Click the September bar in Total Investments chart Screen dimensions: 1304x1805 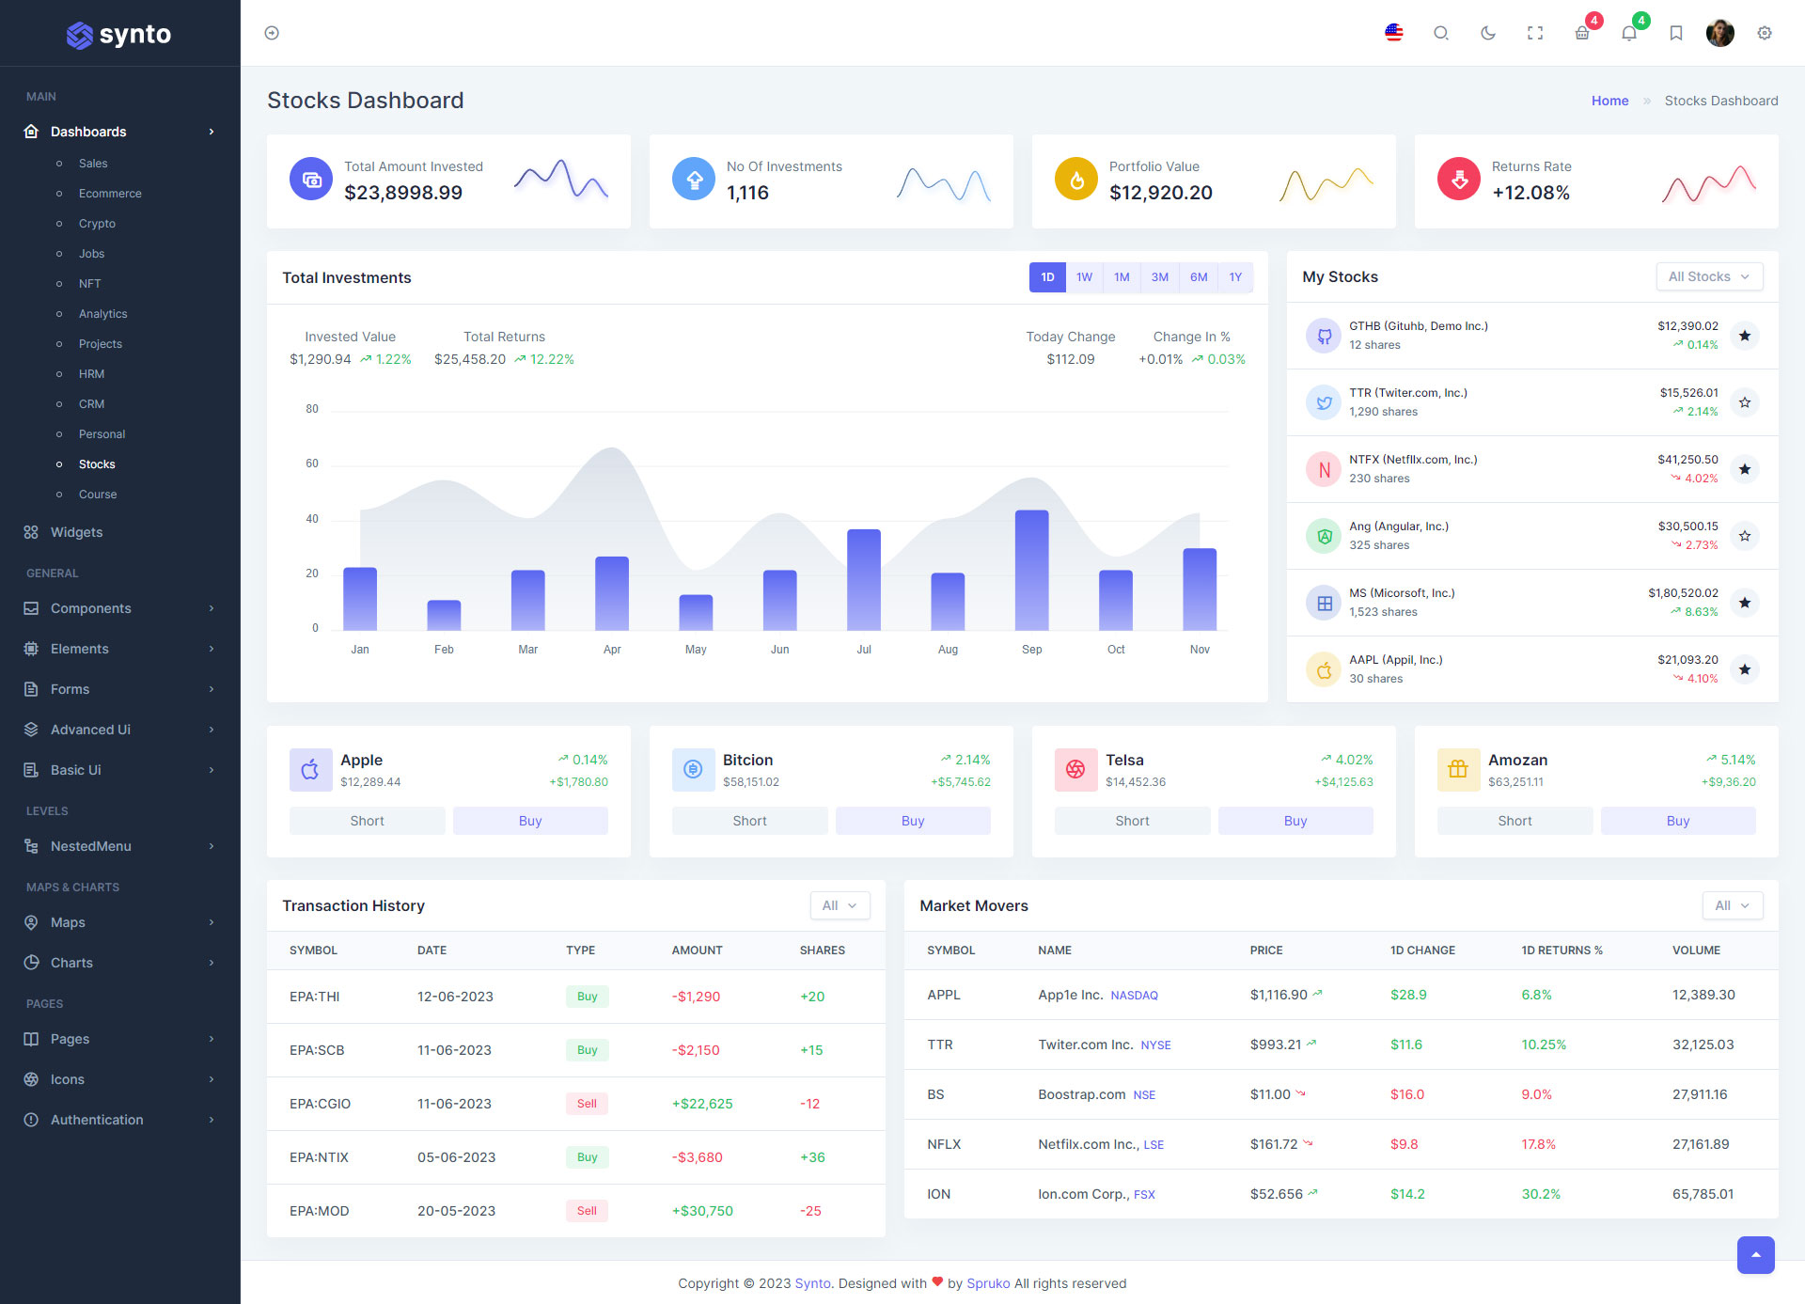(x=1031, y=570)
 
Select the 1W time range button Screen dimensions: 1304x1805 (x=1084, y=277)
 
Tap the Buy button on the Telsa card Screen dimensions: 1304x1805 (x=1295, y=821)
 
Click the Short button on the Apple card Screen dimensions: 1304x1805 (x=367, y=821)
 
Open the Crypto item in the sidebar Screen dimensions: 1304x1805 (x=97, y=224)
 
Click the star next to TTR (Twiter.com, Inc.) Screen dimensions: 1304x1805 (x=1745, y=402)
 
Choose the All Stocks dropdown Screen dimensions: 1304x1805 (x=1708, y=276)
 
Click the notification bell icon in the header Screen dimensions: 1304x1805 (x=1629, y=34)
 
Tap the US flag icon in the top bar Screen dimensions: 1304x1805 (x=1394, y=33)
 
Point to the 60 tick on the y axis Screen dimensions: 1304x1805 (x=312, y=463)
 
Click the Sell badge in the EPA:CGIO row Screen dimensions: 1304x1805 (x=587, y=1104)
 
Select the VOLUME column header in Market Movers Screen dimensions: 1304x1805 (x=1696, y=951)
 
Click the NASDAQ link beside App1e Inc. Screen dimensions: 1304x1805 (x=1134, y=996)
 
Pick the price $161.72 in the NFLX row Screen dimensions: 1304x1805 (x=1273, y=1144)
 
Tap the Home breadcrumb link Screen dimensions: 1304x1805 (x=1609, y=101)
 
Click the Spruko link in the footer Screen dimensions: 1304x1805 (x=988, y=1283)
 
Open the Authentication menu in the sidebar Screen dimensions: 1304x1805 (x=97, y=1120)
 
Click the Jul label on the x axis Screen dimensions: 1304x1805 (x=864, y=650)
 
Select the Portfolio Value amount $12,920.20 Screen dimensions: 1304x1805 (x=1160, y=193)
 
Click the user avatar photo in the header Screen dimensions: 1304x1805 (x=1719, y=33)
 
